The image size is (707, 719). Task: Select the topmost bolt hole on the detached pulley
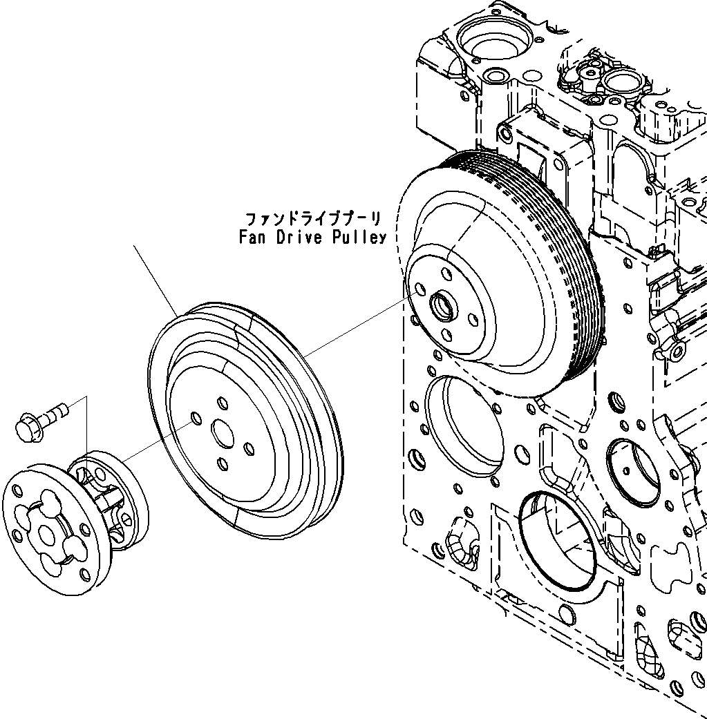click(221, 402)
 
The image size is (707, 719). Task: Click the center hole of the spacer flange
click(46, 534)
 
